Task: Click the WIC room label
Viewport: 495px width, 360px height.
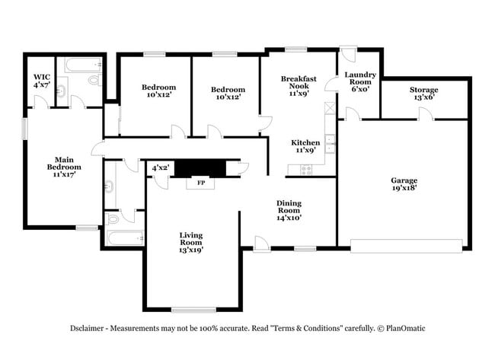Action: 40,81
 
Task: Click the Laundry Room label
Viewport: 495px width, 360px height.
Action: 359,81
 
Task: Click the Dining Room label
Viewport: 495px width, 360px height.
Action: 289,210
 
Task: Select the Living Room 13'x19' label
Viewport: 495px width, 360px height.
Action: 191,242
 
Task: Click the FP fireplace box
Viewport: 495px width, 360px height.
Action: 201,183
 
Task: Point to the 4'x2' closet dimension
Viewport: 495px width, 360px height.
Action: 160,167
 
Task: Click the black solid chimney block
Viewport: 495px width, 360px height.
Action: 200,167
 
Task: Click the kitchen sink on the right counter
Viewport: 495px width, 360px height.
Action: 330,140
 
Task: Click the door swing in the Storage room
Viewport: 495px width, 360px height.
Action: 426,114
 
